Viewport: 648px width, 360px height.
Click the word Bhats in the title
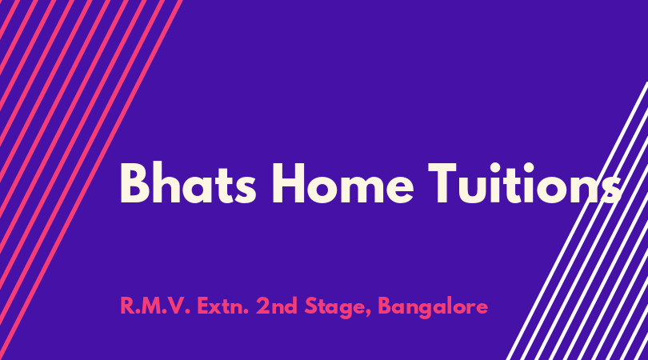tap(188, 183)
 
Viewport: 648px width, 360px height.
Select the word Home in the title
tap(342, 183)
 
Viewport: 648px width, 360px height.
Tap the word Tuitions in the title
tap(525, 183)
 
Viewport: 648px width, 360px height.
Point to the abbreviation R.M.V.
tap(155, 306)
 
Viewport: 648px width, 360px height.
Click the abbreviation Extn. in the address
tap(222, 306)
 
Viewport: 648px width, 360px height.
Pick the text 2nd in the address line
tap(277, 306)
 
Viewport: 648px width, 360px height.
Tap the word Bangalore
tap(433, 307)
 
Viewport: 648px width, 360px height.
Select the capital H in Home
tap(289, 183)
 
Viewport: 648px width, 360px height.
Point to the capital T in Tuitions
tap(442, 183)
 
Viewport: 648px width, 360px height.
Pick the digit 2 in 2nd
tap(262, 306)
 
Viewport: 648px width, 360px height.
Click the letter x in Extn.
tap(217, 308)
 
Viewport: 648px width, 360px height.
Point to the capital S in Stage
tap(310, 306)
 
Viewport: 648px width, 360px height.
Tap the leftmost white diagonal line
tap(577, 221)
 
